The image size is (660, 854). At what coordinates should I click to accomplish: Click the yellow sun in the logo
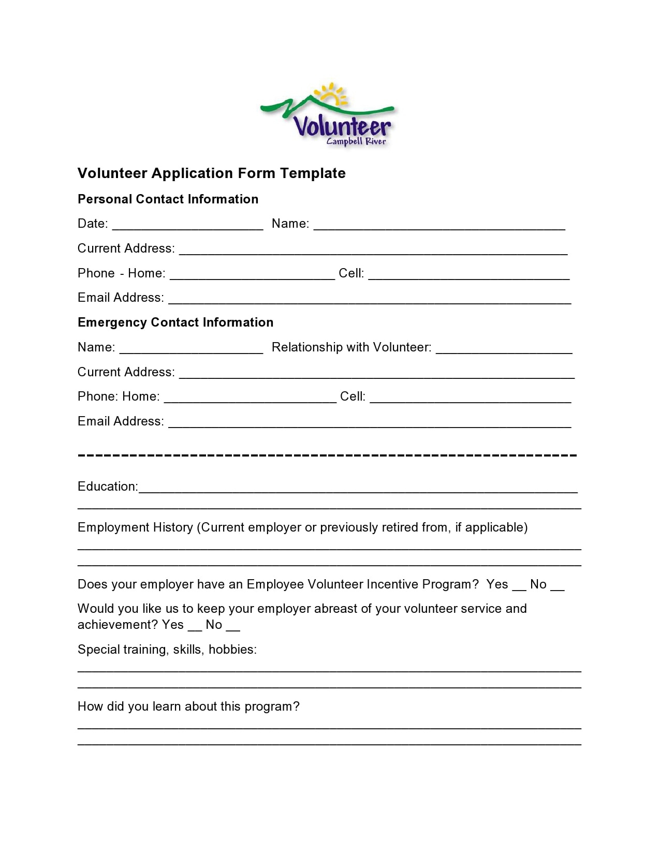pos(332,96)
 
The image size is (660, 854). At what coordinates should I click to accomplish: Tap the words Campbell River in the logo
pos(356,141)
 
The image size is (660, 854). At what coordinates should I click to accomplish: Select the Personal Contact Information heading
pos(168,199)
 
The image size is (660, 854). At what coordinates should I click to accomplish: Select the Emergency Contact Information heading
pos(175,322)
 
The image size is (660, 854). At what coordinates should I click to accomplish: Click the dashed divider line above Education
pos(327,455)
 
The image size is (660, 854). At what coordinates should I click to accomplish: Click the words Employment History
pos(135,527)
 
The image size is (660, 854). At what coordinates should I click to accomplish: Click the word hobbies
pos(232,650)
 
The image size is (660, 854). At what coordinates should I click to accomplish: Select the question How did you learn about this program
pos(188,706)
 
